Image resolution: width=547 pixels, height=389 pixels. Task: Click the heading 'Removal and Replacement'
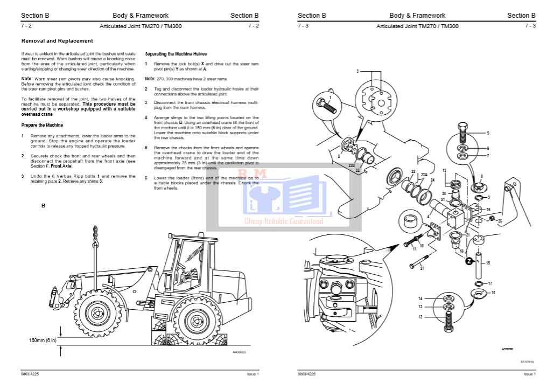click(x=57, y=41)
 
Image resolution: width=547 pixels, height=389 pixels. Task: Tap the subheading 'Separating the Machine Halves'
click(x=176, y=54)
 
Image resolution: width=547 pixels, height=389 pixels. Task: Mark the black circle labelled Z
click(x=469, y=261)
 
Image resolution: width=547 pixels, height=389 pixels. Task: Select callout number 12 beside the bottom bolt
click(x=420, y=317)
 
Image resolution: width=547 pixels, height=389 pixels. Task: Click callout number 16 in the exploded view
click(x=493, y=292)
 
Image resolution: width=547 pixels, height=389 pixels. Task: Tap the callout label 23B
click(x=351, y=165)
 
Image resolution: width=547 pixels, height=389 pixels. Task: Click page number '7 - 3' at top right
click(x=530, y=26)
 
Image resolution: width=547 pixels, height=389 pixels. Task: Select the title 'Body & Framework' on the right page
click(x=417, y=16)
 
